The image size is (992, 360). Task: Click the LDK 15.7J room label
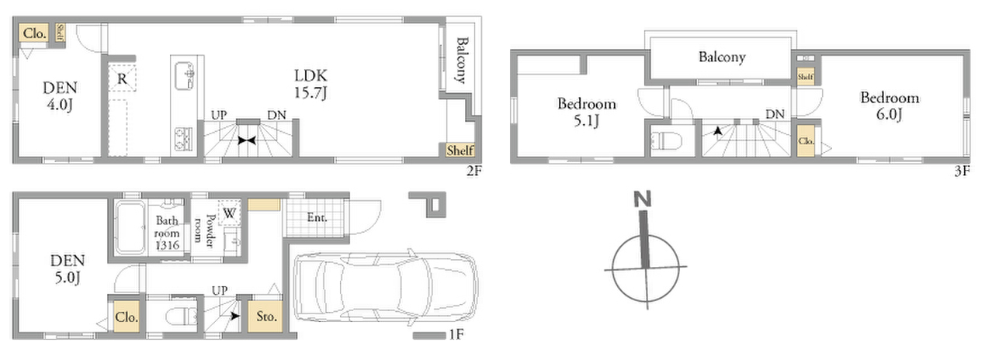(x=310, y=84)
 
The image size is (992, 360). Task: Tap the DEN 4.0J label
(x=61, y=95)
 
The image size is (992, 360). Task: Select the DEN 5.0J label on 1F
(x=68, y=268)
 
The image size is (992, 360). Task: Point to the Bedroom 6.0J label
(x=890, y=106)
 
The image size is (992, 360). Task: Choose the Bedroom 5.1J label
(x=587, y=112)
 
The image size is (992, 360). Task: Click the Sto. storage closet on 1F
(x=265, y=317)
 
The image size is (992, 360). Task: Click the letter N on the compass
(x=643, y=199)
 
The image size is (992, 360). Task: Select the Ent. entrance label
(x=317, y=217)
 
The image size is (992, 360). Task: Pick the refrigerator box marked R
(x=122, y=78)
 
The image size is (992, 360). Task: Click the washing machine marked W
(x=230, y=213)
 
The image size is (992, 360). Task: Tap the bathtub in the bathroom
(x=130, y=227)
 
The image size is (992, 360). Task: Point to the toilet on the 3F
(x=667, y=141)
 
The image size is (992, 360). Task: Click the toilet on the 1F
(x=181, y=316)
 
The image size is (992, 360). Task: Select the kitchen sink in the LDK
(x=185, y=76)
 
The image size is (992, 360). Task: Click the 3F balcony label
(x=722, y=57)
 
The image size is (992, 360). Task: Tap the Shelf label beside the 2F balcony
(x=460, y=151)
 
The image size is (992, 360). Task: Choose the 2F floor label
(x=473, y=171)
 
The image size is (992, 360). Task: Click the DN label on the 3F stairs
(x=775, y=114)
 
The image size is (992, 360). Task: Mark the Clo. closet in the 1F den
(x=127, y=317)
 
